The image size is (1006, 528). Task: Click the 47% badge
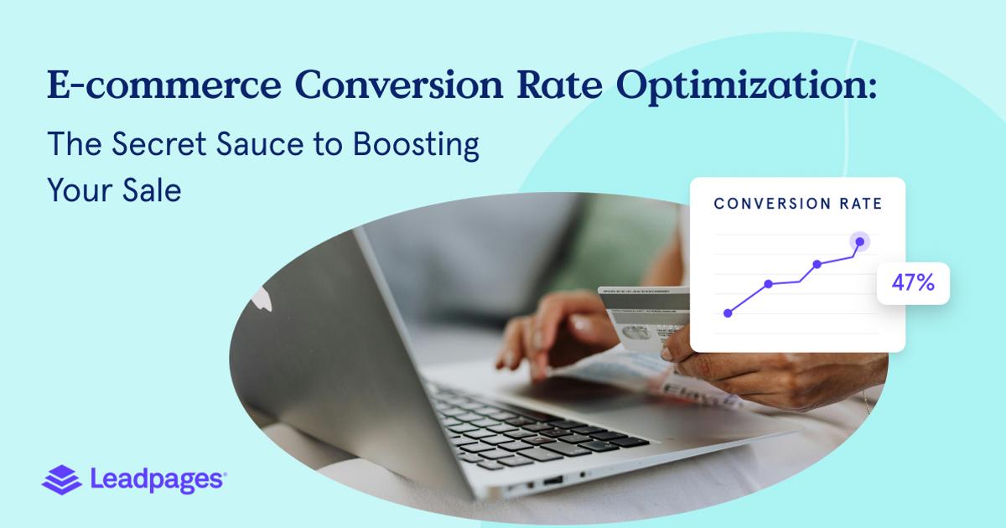coord(912,283)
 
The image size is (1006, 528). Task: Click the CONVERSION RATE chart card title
coord(797,204)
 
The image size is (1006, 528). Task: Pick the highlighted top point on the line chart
coord(859,242)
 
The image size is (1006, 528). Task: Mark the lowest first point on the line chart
coord(728,313)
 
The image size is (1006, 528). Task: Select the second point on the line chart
coord(768,284)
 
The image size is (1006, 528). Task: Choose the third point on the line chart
coord(817,264)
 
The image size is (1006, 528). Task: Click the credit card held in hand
coord(641,327)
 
